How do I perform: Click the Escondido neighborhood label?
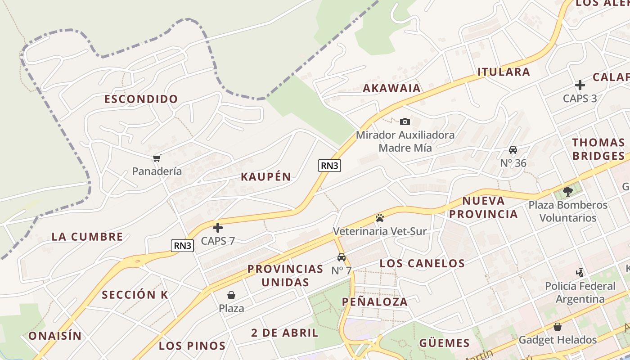(x=141, y=99)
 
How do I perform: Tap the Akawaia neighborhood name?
(x=392, y=88)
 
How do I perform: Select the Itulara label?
(x=504, y=72)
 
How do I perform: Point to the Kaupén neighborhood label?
(x=266, y=177)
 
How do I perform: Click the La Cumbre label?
(x=87, y=237)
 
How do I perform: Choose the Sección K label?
(x=135, y=295)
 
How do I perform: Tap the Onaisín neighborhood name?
(x=55, y=336)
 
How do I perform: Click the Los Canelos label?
(x=423, y=264)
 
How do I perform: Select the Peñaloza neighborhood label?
(x=375, y=302)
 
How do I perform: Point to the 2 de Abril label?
(x=285, y=333)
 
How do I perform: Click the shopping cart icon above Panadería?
(x=157, y=158)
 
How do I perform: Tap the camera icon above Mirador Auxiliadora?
(x=405, y=121)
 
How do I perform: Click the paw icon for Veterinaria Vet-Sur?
(x=380, y=218)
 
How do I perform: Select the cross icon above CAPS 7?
(x=218, y=228)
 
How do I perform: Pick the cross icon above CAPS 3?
(x=580, y=85)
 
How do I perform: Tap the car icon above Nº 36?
(x=513, y=150)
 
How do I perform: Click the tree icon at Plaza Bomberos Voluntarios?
(x=568, y=192)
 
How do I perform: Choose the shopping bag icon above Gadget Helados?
(x=558, y=327)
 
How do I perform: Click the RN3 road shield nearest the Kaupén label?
(x=329, y=166)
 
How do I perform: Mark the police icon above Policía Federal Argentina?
(x=580, y=272)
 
